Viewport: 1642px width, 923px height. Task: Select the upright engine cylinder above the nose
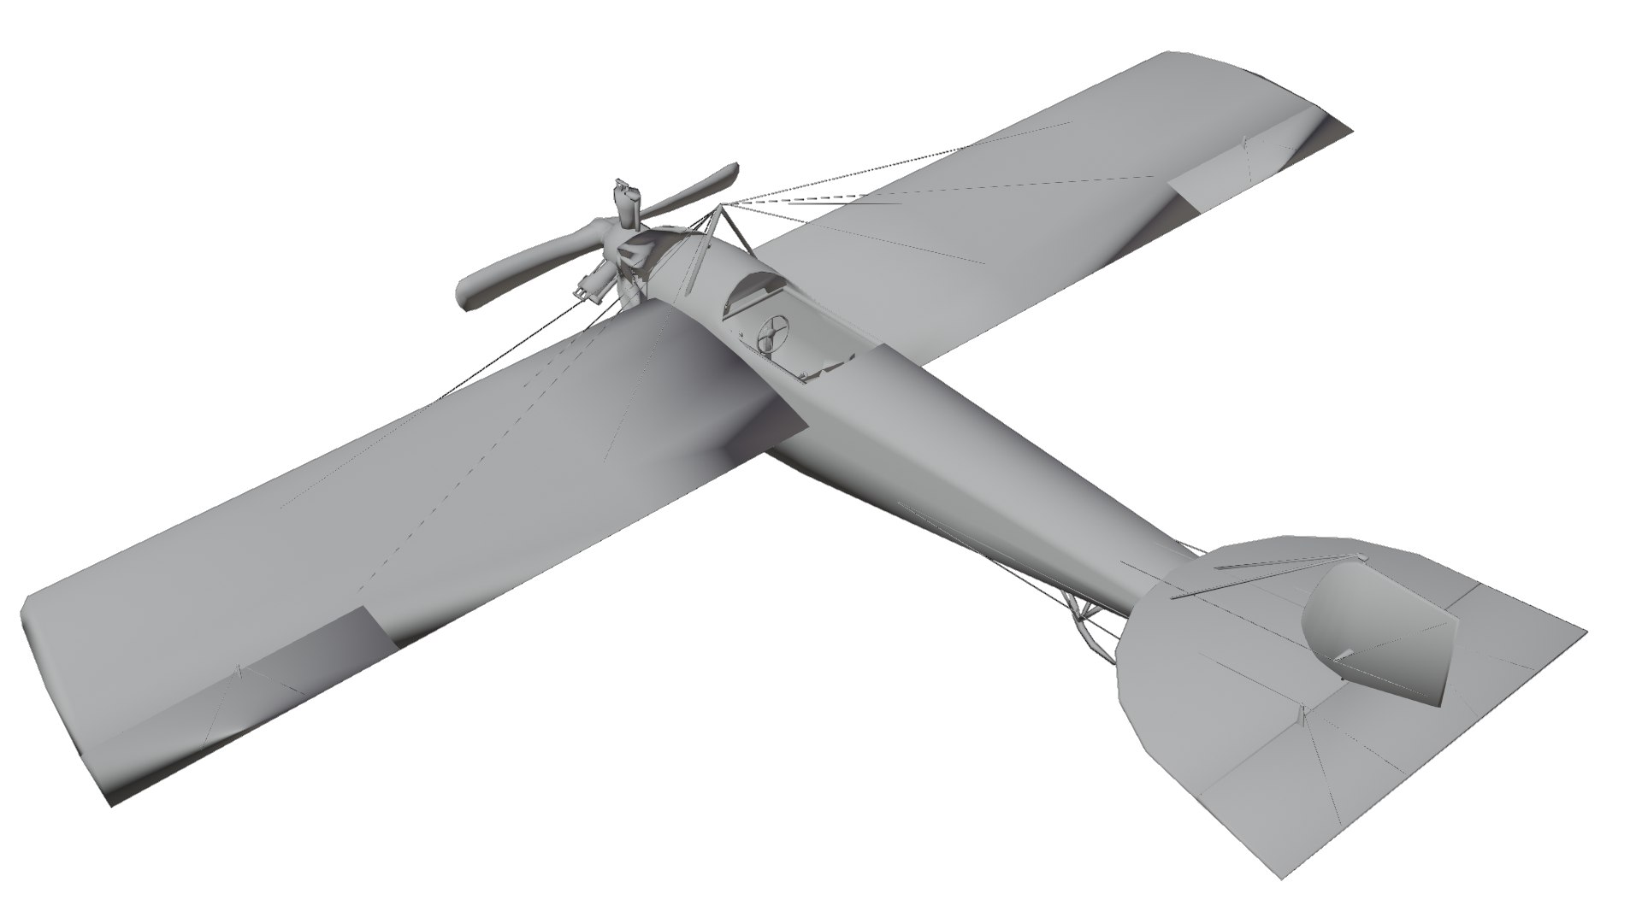[628, 202]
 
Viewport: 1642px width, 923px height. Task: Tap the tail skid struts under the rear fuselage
[1086, 620]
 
